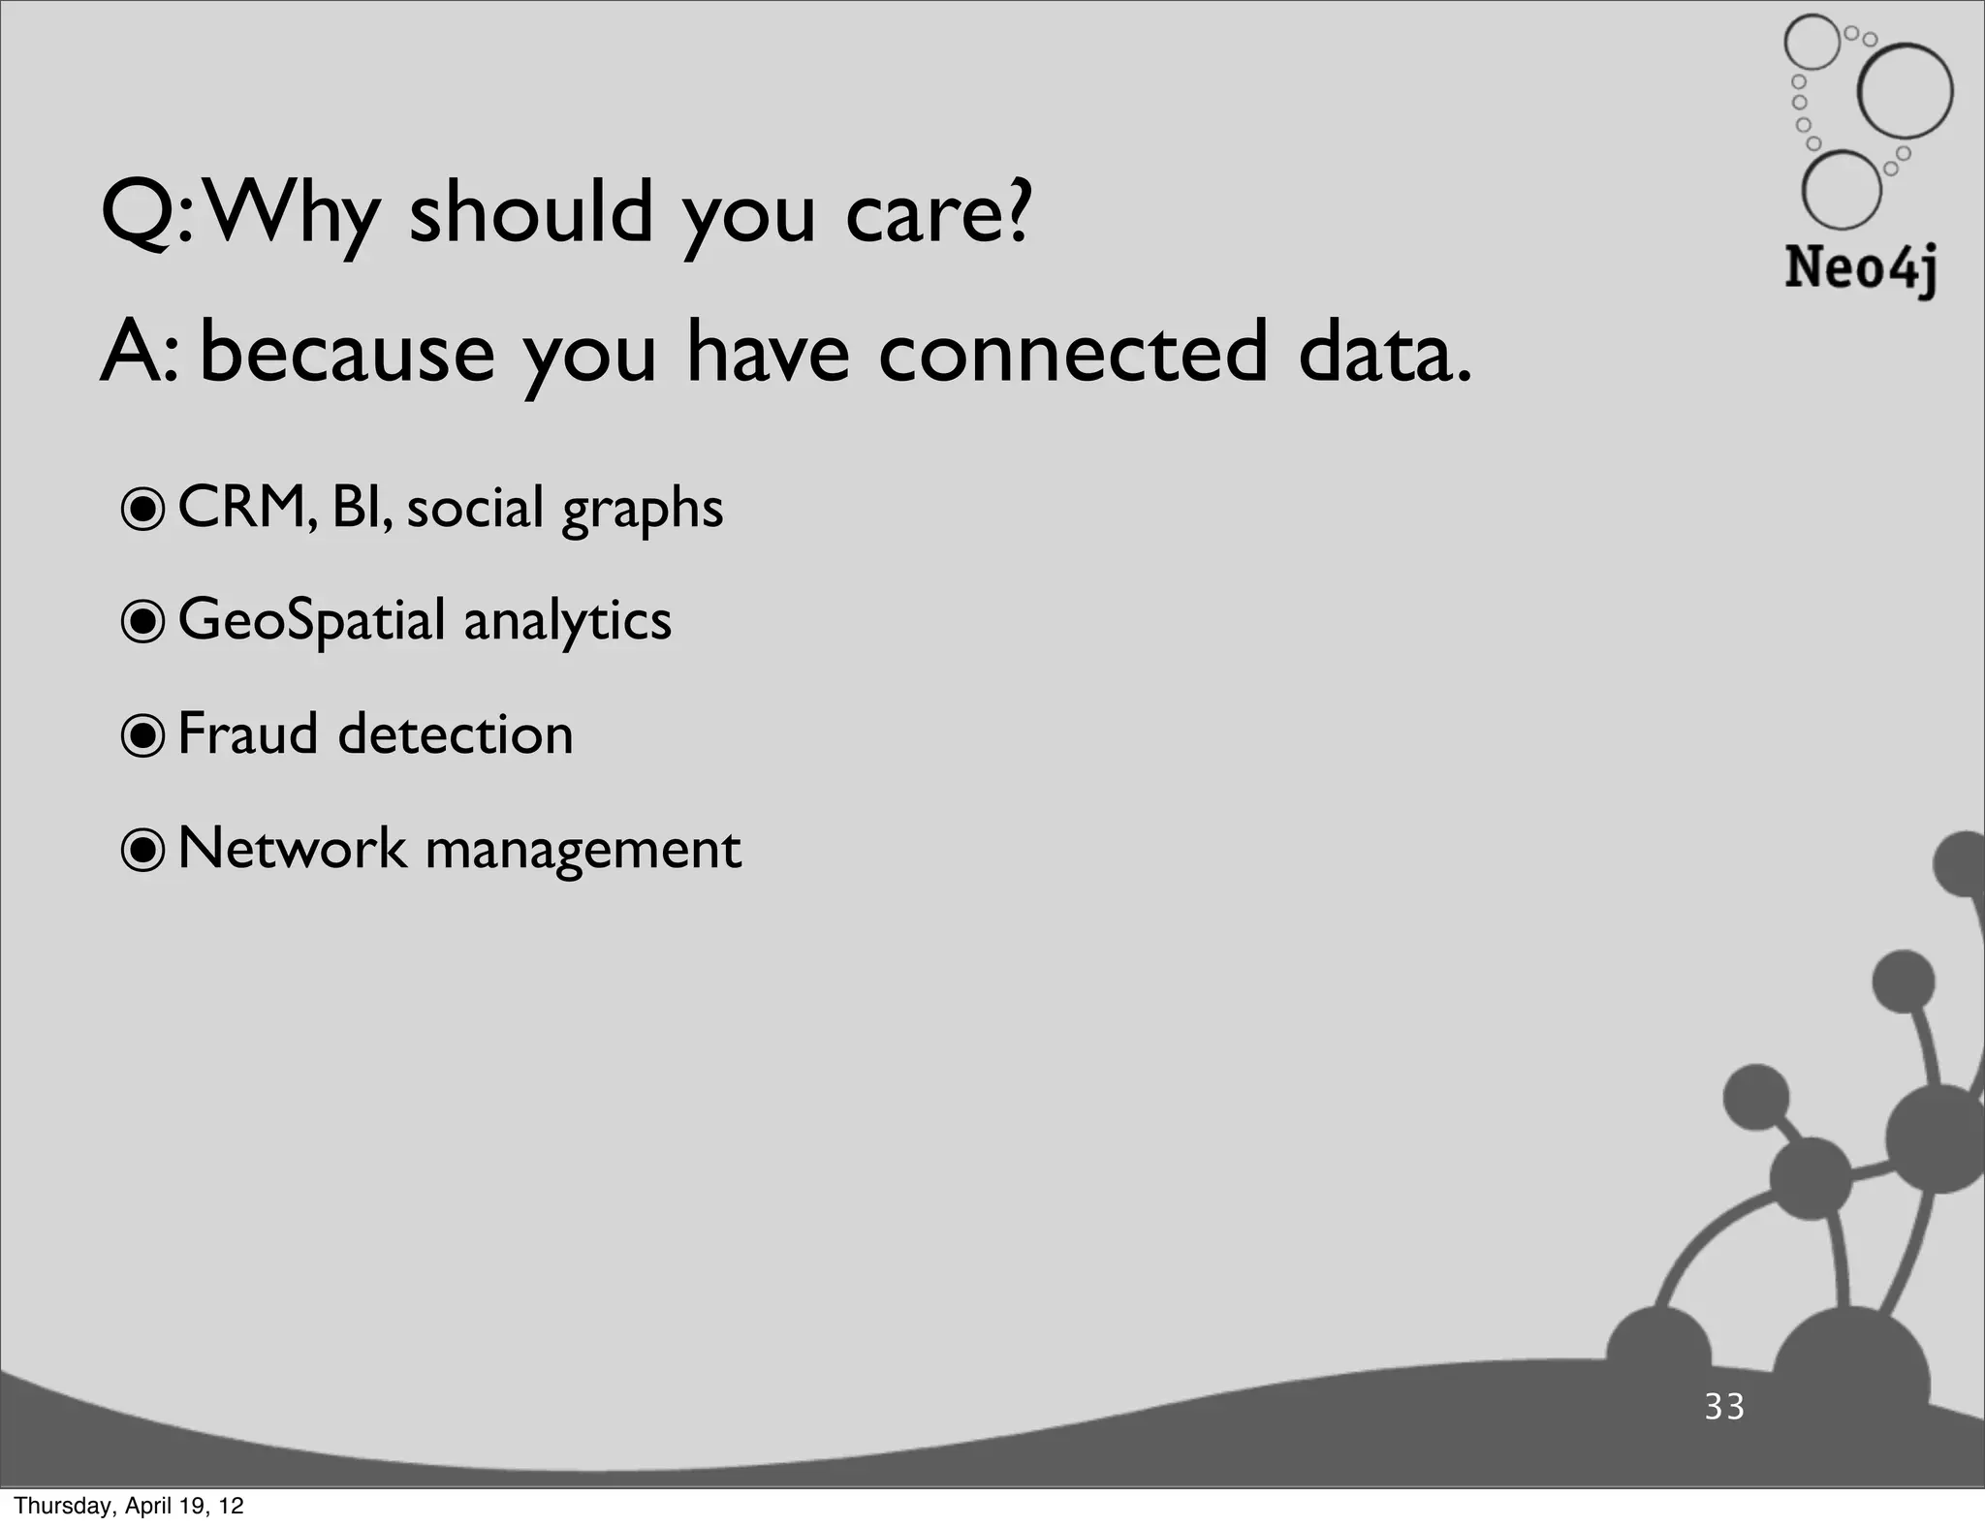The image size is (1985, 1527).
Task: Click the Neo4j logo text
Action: pos(1861,268)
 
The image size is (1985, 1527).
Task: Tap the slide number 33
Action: pos(1725,1407)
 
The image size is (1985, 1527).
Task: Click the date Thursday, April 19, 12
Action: pos(129,1506)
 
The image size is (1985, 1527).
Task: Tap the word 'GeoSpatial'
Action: pos(311,621)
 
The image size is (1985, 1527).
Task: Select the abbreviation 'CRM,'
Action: pos(248,508)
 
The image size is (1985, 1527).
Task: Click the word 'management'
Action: pos(583,851)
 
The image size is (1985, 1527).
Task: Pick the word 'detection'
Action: pos(456,734)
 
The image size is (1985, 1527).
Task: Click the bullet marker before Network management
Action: pos(143,850)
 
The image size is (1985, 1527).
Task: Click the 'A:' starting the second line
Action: pos(141,353)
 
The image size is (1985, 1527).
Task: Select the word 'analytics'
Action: pos(567,621)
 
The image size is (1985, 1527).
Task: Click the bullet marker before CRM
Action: pos(143,509)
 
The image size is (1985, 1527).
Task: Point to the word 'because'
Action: pos(347,353)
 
